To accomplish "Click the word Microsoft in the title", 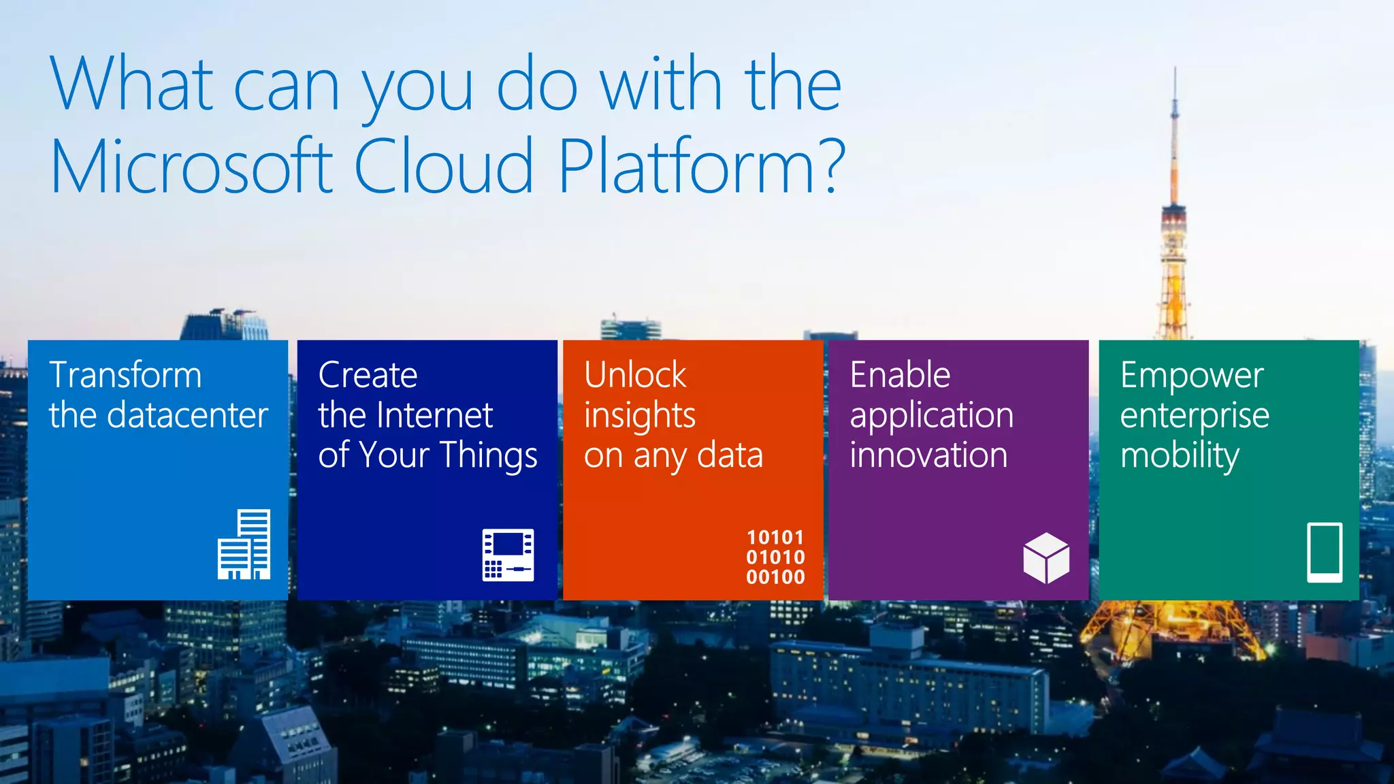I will tap(192, 165).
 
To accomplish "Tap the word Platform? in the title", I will tap(701, 165).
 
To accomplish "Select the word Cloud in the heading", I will tap(444, 165).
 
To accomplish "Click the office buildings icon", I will tap(244, 544).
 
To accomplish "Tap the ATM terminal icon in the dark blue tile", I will tap(508, 555).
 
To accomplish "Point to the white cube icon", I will tap(1045, 558).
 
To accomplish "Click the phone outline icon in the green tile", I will tap(1325, 553).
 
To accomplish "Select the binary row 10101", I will tap(775, 538).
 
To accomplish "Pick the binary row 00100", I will tap(775, 577).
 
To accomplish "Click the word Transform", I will tap(125, 375).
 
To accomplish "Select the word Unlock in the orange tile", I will tap(635, 375).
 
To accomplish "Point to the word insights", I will tap(640, 415).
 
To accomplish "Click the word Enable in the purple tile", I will tap(900, 375).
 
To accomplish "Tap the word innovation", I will tap(928, 455).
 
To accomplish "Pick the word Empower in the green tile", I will tap(1192, 375).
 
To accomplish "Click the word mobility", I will tap(1180, 455).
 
